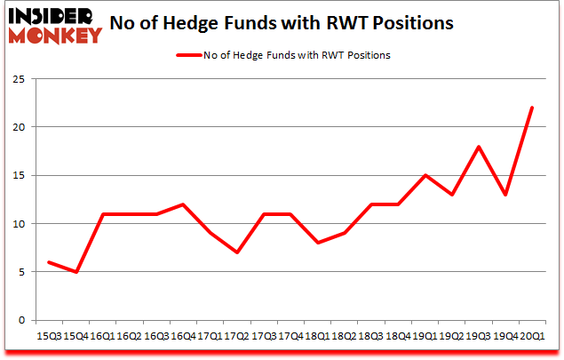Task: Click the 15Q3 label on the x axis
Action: pyautogui.click(x=48, y=335)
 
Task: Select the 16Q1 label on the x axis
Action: pyautogui.click(x=102, y=335)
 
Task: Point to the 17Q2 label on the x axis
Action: pyautogui.click(x=235, y=335)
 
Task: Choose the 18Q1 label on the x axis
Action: pyautogui.click(x=315, y=335)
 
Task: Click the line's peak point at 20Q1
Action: pyautogui.click(x=531, y=108)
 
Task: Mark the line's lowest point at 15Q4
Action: pyautogui.click(x=75, y=272)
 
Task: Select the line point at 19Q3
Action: pyautogui.click(x=477, y=147)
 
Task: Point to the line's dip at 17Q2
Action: pyautogui.click(x=236, y=252)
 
